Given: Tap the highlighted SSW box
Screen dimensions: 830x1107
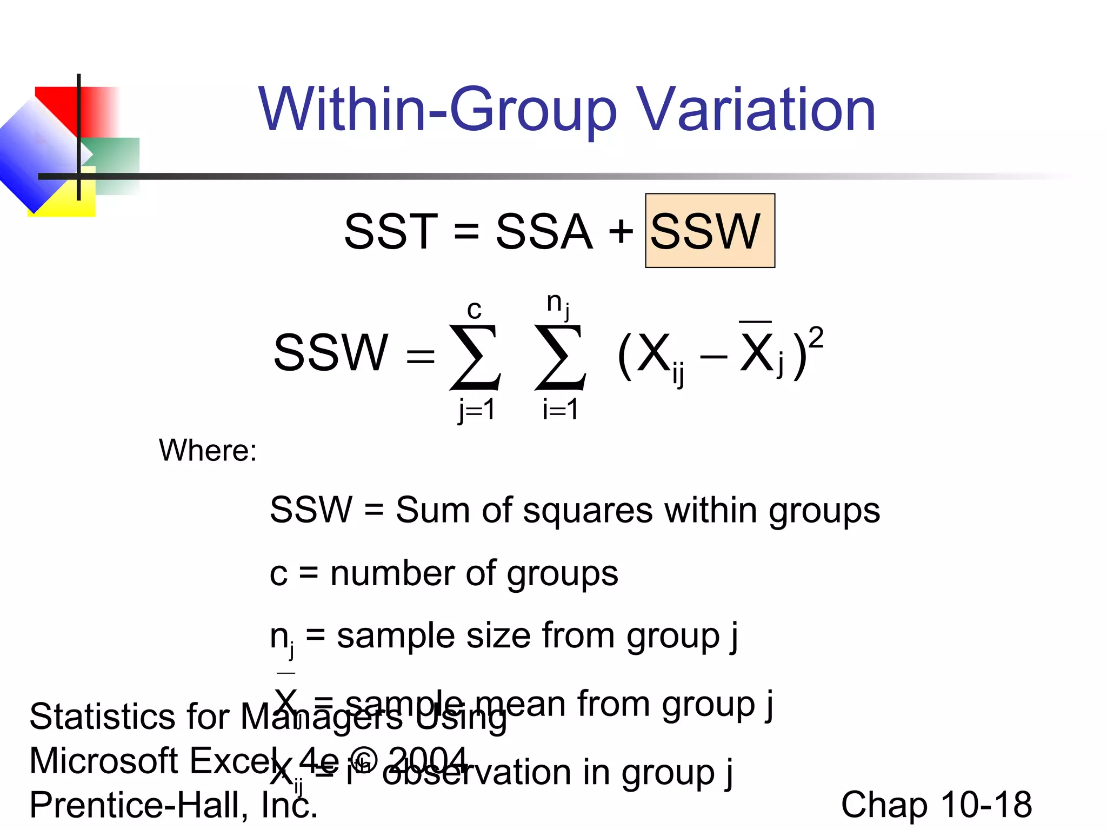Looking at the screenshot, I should coord(710,231).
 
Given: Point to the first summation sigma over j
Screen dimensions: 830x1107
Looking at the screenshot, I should coord(475,357).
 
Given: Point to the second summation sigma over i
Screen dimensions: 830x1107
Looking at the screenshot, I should coord(560,357).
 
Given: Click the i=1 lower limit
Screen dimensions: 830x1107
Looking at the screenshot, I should coord(561,409).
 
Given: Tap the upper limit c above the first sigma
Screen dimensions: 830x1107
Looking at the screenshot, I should coord(474,310).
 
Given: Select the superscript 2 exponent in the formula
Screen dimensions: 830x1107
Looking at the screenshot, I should coord(816,337).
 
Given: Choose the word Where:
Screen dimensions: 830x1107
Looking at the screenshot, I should coord(208,450).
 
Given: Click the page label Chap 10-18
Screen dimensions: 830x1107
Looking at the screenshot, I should coord(936,805).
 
